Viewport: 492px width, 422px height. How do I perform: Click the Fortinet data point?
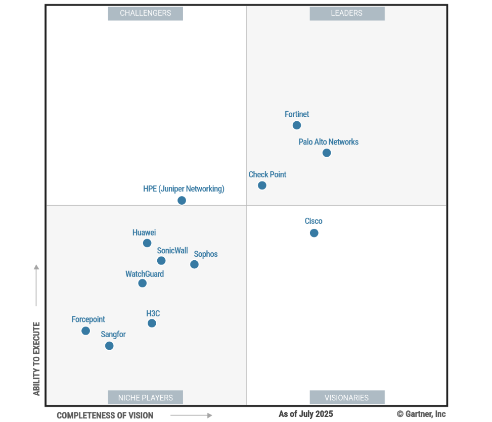coord(297,125)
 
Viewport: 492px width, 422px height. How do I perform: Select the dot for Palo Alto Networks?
coord(327,153)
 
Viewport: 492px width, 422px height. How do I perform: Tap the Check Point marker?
coord(262,185)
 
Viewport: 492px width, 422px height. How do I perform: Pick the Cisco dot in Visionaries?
coord(314,233)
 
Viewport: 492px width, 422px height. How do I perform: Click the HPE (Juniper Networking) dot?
coord(182,201)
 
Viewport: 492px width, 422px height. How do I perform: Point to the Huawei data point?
coord(147,243)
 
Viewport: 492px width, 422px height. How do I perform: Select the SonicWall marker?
coord(161,261)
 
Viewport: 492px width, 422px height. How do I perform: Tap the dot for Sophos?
coord(194,264)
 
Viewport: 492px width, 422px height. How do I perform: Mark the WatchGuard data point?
coord(143,283)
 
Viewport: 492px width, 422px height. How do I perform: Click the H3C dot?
coord(152,323)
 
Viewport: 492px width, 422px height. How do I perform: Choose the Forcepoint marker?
coord(86,331)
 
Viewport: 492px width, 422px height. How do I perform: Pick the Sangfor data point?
coord(109,346)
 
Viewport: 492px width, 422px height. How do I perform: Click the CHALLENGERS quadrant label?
coord(145,13)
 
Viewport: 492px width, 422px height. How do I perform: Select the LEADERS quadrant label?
coord(347,13)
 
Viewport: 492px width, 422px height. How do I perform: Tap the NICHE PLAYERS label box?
coord(145,398)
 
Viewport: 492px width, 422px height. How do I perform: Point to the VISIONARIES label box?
coord(347,398)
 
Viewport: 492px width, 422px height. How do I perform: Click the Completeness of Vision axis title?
coord(105,415)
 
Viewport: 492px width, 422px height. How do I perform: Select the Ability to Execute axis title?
coord(36,359)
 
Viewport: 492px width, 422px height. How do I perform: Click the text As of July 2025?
coord(306,414)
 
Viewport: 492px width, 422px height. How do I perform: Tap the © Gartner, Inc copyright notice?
coord(421,414)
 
